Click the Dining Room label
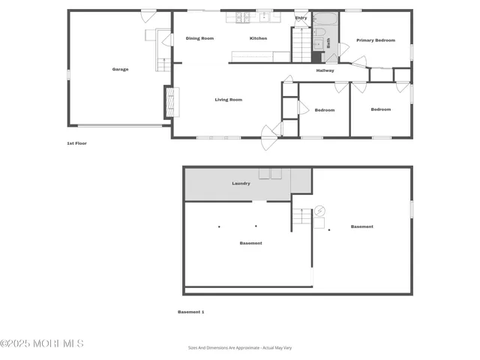click(199, 38)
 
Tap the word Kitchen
click(258, 38)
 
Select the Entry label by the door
click(301, 18)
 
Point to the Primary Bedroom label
click(375, 40)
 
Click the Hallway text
click(325, 70)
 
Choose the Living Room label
click(228, 99)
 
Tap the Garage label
click(120, 69)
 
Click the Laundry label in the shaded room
click(241, 183)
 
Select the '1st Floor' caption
click(76, 142)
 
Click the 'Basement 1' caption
click(190, 311)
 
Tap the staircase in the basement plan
click(301, 217)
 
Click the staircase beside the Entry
click(300, 46)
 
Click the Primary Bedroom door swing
click(343, 49)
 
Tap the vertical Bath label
click(328, 43)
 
